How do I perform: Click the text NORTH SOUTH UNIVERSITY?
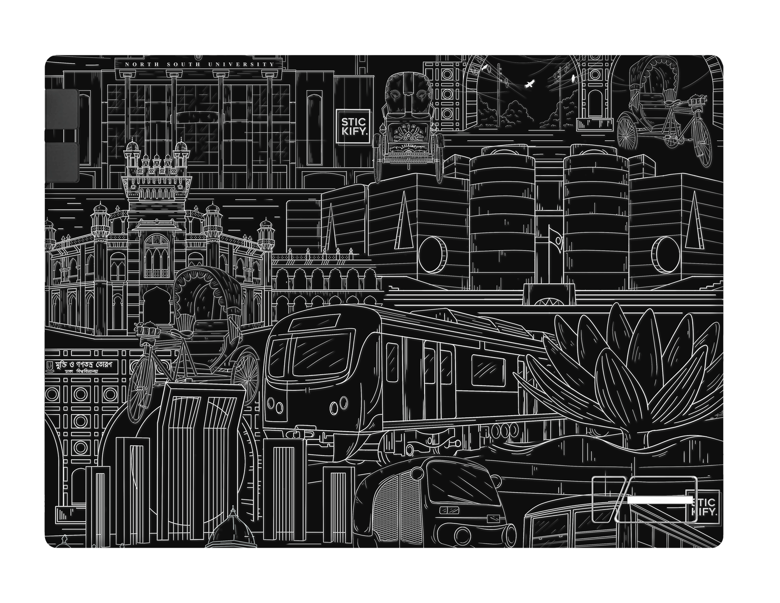coord(199,64)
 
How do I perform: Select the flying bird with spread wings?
coord(529,84)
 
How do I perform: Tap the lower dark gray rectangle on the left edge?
coord(61,163)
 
